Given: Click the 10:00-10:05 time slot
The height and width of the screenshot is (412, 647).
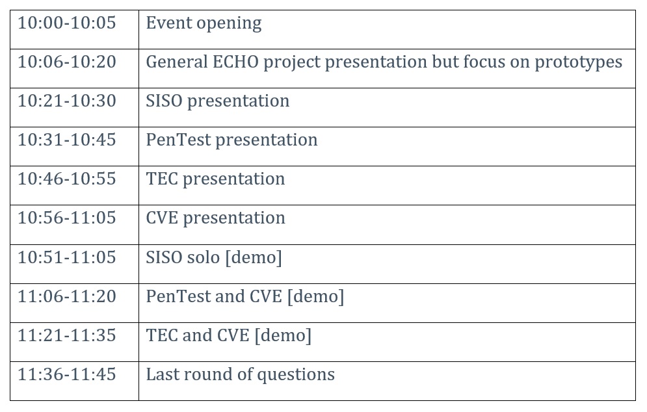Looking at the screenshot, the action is click(x=67, y=23).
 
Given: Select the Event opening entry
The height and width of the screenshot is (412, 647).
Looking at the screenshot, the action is click(x=204, y=23).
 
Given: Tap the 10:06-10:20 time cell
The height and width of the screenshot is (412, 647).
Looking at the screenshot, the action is click(x=67, y=62).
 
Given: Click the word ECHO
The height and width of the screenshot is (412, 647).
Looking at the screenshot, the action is click(x=235, y=62).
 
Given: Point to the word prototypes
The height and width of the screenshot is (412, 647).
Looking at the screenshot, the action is click(x=579, y=62).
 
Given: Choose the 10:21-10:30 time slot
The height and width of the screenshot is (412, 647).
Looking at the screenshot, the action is click(x=67, y=101).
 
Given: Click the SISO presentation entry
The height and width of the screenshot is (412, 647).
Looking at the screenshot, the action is click(x=218, y=101).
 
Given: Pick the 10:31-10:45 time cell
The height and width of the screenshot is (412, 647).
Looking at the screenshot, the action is click(x=67, y=140).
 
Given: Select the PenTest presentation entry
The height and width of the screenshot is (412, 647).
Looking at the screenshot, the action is click(x=232, y=140).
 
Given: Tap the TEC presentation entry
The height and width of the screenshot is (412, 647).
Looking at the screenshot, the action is click(x=215, y=179).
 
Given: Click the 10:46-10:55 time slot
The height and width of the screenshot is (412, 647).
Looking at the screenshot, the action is click(x=67, y=179).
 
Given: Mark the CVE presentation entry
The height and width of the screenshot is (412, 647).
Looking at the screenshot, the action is click(x=215, y=218).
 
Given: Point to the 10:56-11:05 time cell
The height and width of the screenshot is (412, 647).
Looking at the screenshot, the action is click(x=67, y=218).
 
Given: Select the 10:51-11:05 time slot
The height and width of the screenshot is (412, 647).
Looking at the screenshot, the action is click(x=67, y=257).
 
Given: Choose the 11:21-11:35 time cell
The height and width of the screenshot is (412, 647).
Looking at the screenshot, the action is click(x=67, y=335).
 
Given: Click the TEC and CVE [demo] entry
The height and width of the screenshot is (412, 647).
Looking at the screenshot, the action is click(x=229, y=336).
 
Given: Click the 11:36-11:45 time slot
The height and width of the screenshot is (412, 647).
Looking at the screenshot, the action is click(x=67, y=374).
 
